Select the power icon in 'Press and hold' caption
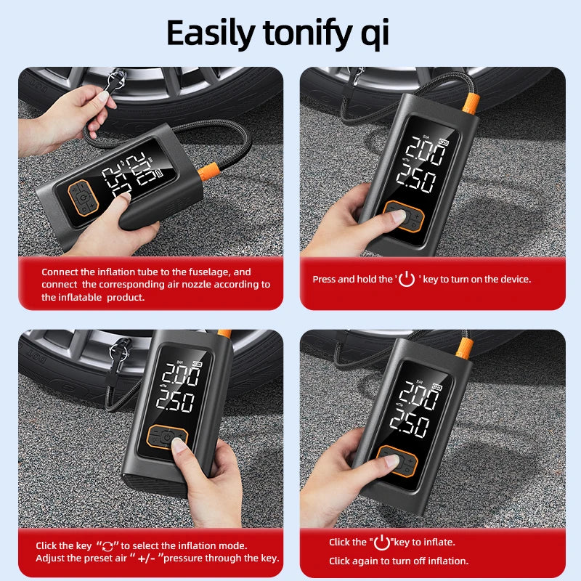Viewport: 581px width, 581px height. point(407,278)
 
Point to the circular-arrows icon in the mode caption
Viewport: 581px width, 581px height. point(107,545)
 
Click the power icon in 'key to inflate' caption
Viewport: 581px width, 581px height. point(381,541)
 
